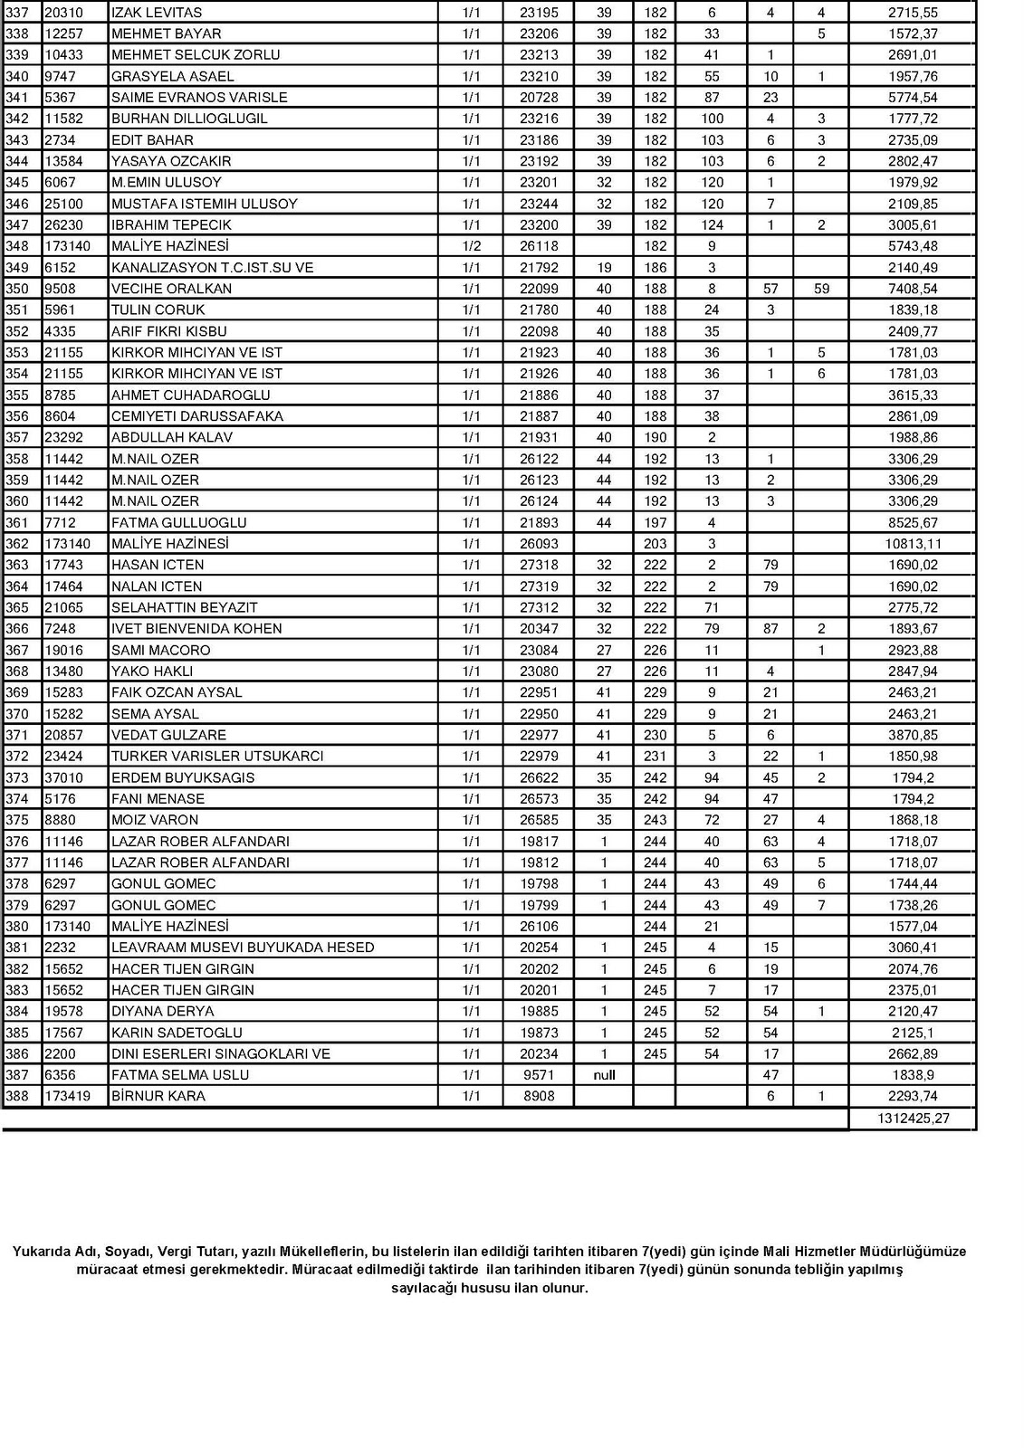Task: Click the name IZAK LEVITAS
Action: coord(157,13)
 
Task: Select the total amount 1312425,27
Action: coord(912,1119)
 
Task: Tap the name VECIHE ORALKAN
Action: coord(171,289)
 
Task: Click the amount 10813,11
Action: coord(914,544)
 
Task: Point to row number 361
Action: coord(17,522)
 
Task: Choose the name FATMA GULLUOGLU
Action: coord(178,522)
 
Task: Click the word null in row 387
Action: coord(604,1075)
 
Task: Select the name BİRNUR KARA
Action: coord(158,1096)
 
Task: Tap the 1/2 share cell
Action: coord(471,246)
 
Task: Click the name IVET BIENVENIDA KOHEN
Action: coord(196,628)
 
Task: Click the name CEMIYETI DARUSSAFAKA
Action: coord(196,416)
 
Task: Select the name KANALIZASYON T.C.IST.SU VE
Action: coord(212,268)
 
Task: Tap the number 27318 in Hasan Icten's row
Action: coord(539,565)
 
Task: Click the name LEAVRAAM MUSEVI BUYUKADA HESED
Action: coord(242,948)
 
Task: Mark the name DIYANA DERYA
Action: coord(162,1011)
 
